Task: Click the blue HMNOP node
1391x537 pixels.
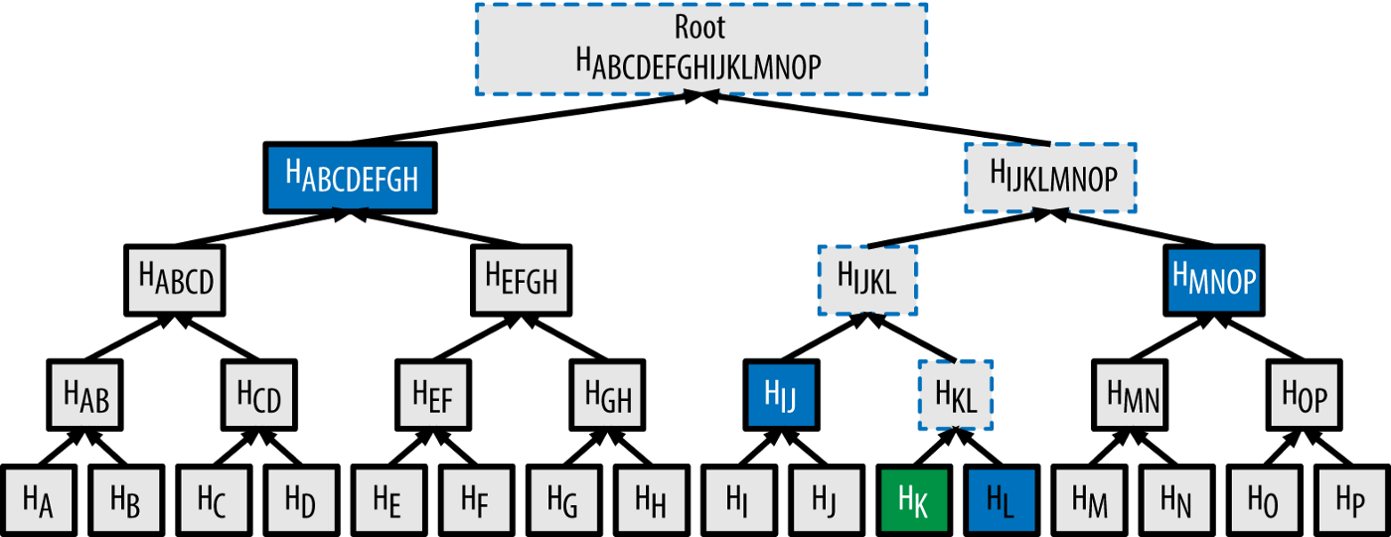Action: [x=1213, y=279]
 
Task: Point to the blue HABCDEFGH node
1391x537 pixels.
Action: [x=351, y=178]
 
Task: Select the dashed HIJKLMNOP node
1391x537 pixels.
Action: [x=1051, y=177]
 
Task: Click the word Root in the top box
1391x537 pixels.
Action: [x=700, y=27]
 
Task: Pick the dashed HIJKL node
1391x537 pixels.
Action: [x=866, y=279]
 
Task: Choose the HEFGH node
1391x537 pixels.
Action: [x=521, y=279]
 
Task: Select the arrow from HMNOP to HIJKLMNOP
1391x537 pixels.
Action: [x=1133, y=227]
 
